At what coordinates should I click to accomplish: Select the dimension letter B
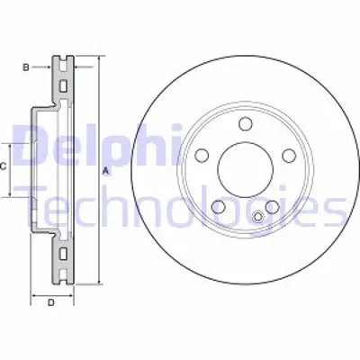(x=26, y=67)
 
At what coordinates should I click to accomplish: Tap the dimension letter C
(x=5, y=167)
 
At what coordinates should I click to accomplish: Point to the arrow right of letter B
(x=83, y=67)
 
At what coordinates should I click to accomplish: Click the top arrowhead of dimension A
(x=98, y=59)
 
